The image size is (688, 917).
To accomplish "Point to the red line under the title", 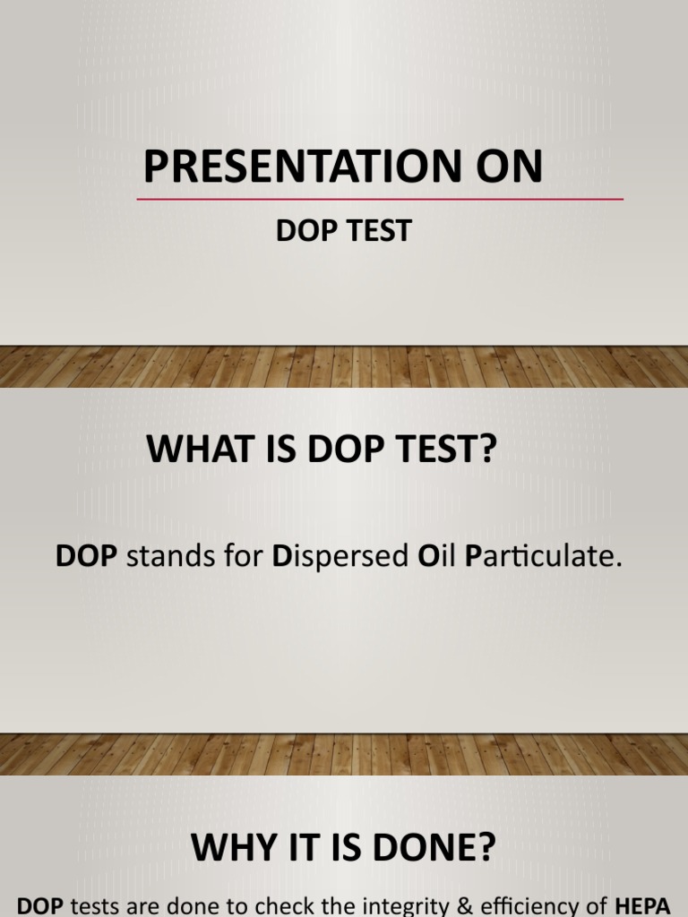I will point(380,199).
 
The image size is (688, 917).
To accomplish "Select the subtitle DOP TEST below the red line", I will point(343,231).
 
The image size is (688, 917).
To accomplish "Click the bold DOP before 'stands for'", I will point(87,556).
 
